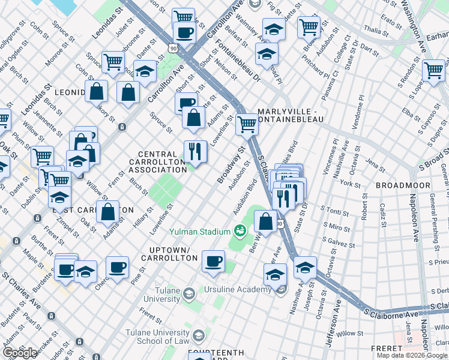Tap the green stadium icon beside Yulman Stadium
240,230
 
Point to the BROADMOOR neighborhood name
403,185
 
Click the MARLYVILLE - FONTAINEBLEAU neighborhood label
291,116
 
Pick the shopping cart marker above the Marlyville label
247,124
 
